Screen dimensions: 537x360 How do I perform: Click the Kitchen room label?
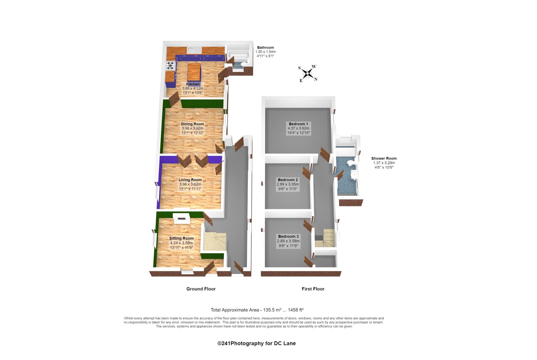click(x=193, y=84)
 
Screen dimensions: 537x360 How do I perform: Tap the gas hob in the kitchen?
click(x=170, y=65)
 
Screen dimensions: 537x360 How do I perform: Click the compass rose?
click(x=307, y=73)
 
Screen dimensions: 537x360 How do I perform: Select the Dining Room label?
click(x=192, y=124)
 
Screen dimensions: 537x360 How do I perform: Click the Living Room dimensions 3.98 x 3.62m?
click(x=190, y=184)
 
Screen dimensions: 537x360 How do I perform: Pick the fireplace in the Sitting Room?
click(x=182, y=218)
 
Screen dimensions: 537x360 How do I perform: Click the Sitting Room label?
click(x=181, y=238)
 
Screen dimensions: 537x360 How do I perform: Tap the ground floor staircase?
click(x=215, y=242)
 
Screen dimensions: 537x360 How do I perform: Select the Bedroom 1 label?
click(x=299, y=124)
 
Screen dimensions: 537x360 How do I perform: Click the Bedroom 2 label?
click(x=288, y=180)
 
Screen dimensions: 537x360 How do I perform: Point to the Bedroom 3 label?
click(x=288, y=236)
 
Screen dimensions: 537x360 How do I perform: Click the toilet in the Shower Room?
click(x=350, y=163)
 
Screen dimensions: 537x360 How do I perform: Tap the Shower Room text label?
click(x=384, y=158)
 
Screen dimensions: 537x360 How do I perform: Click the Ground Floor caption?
click(x=201, y=289)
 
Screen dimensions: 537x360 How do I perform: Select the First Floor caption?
click(x=313, y=289)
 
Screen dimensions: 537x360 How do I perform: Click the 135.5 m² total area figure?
click(x=272, y=310)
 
